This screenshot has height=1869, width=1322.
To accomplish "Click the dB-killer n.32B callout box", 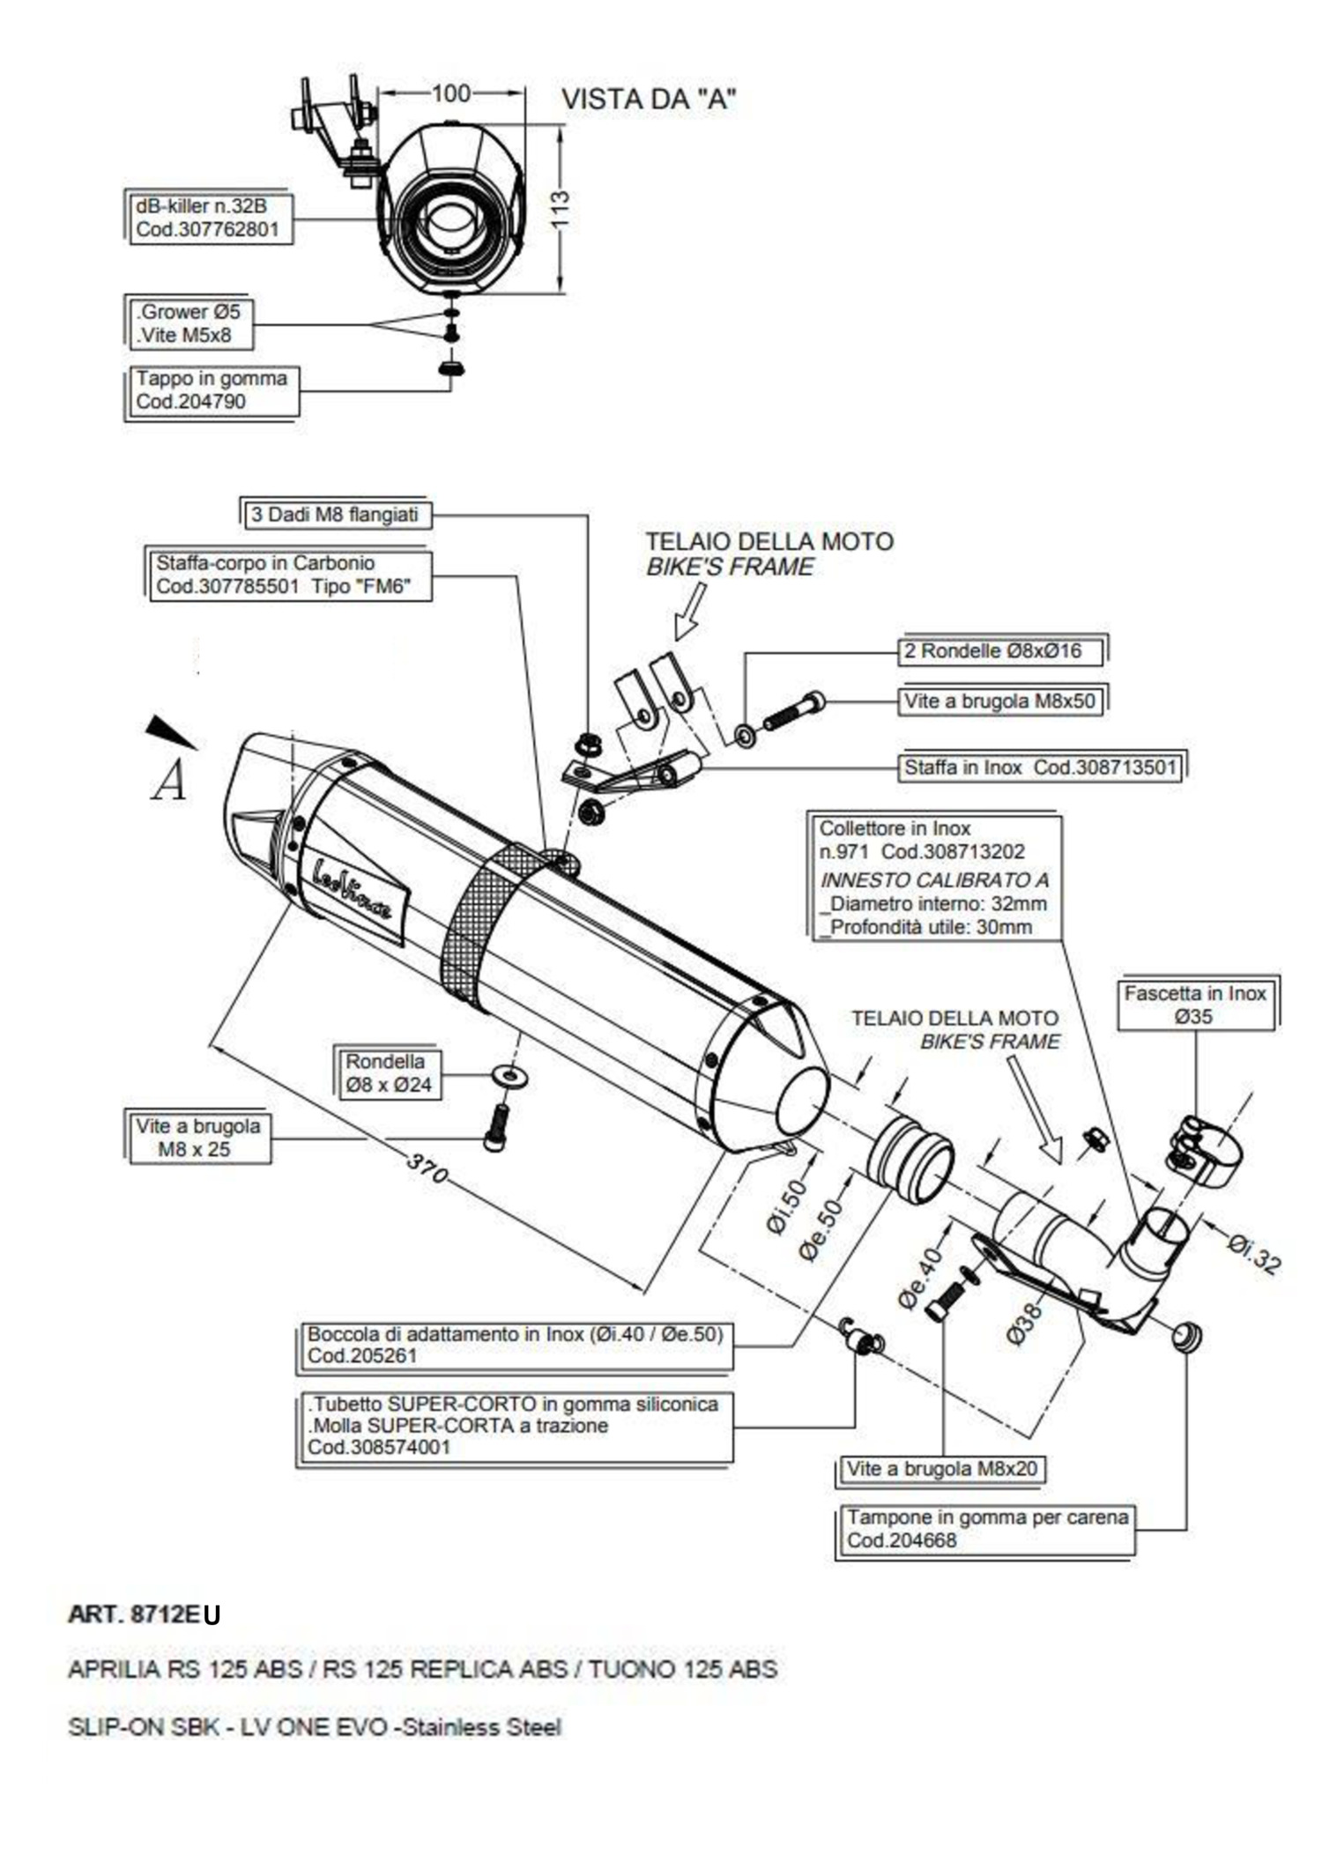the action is pyautogui.click(x=208, y=218).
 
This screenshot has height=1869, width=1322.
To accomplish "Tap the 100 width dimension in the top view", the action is pyautogui.click(x=451, y=93).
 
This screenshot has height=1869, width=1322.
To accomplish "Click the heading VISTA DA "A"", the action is pyautogui.click(x=649, y=100).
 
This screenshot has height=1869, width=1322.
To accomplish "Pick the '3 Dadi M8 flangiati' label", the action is pyautogui.click(x=336, y=515).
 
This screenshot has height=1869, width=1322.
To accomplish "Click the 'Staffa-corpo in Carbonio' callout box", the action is pyautogui.click(x=287, y=575).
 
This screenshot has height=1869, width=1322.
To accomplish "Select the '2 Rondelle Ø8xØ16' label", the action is pyautogui.click(x=1003, y=651).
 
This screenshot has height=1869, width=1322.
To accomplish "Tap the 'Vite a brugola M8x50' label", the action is pyautogui.click(x=1000, y=701).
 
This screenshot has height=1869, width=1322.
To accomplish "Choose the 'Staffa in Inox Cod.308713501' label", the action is pyautogui.click(x=1041, y=768).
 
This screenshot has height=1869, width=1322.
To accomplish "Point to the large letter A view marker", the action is pyautogui.click(x=169, y=780).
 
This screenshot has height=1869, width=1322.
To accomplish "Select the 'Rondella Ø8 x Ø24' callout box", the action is pyautogui.click(x=388, y=1073).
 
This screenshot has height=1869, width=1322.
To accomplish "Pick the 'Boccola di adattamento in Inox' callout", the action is pyautogui.click(x=514, y=1346).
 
